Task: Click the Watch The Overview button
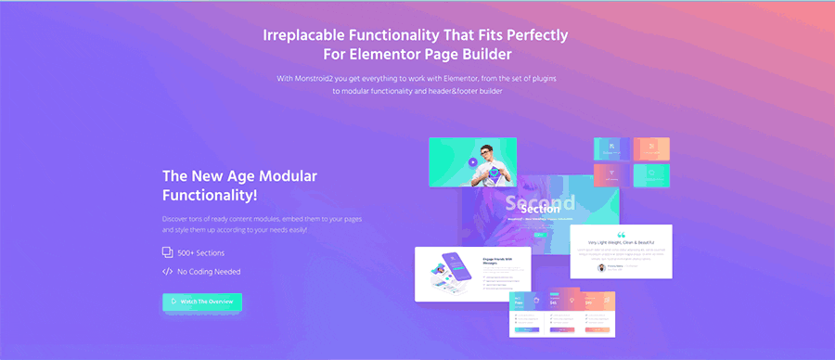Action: click(202, 302)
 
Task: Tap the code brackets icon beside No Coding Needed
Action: click(167, 272)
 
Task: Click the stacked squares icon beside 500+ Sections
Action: click(167, 252)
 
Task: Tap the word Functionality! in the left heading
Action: click(210, 196)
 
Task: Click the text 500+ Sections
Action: click(201, 252)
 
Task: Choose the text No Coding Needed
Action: click(209, 272)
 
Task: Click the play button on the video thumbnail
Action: click(472, 162)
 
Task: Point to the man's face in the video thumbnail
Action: click(485, 151)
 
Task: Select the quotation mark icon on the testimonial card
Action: click(621, 235)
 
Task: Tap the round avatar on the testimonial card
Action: click(601, 267)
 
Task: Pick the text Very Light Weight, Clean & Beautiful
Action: click(621, 243)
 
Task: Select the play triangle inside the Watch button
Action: click(173, 302)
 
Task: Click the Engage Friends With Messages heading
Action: click(499, 262)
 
